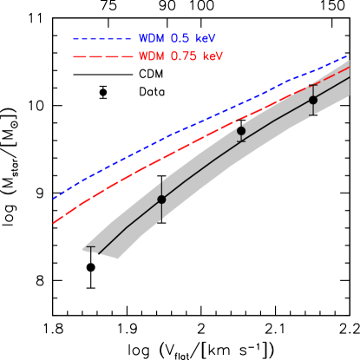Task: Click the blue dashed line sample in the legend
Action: [x=101, y=39]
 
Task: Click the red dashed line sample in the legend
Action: [x=101, y=56]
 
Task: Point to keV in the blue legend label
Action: [x=206, y=39]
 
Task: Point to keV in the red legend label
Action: [x=213, y=56]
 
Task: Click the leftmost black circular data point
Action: [x=161, y=200]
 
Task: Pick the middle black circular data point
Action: [x=241, y=131]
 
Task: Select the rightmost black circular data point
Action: [x=313, y=100]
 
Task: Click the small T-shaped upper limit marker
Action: [x=90, y=249]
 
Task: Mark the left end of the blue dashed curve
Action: [x=54, y=199]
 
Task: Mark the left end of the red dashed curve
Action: [x=54, y=223]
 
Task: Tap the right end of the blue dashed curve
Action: [x=349, y=56]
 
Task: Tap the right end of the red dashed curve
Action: [x=349, y=66]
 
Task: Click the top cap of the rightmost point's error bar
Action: [x=313, y=85]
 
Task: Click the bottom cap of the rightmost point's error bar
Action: [x=313, y=115]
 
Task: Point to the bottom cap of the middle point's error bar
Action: [x=241, y=141]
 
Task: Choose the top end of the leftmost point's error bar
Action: [x=161, y=180]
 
